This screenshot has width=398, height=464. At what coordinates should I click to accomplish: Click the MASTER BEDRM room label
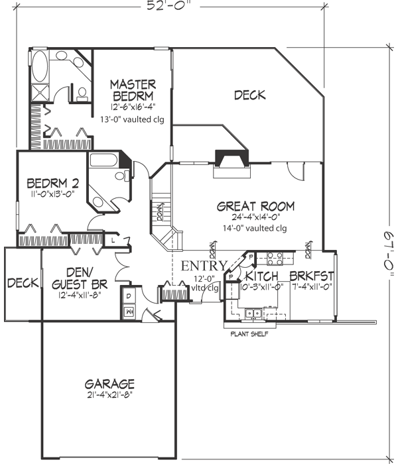point(133,91)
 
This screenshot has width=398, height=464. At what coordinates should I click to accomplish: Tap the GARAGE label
point(110,384)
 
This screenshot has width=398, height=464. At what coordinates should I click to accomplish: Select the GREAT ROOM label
point(255,206)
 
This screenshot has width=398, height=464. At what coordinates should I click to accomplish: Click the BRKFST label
point(311,276)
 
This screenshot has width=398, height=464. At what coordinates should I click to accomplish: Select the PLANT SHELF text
point(249,334)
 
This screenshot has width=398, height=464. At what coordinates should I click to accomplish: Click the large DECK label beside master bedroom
point(250,95)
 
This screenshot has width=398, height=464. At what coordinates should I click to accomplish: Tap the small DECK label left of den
point(22,283)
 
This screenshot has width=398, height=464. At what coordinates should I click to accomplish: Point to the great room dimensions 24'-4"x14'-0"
point(255,217)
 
